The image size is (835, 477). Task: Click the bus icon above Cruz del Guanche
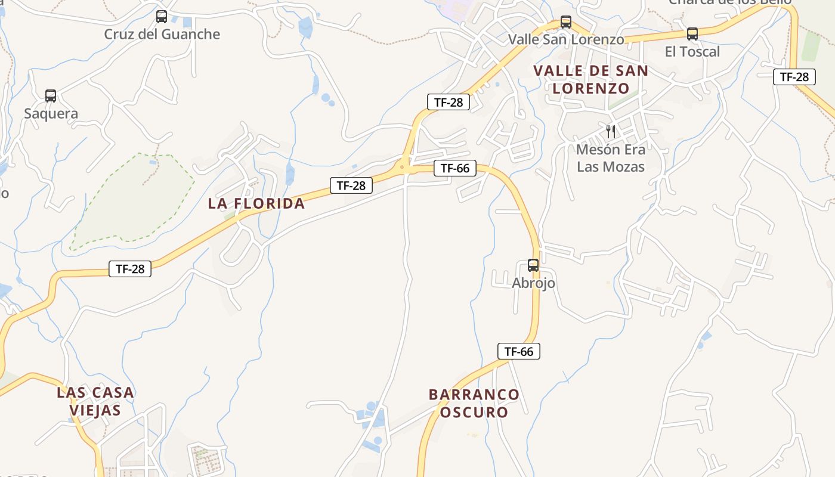tap(161, 17)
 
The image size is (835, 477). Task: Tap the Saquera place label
tap(51, 113)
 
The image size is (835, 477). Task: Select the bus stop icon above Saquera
tap(51, 95)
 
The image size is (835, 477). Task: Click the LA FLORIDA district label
tap(256, 203)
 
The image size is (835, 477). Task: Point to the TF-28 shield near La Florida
tap(351, 185)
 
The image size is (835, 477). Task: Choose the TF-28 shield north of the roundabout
tap(449, 102)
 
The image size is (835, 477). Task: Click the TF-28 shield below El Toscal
tap(794, 77)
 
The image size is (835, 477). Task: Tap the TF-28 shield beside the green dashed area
tap(130, 269)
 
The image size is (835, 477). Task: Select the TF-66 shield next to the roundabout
tap(455, 168)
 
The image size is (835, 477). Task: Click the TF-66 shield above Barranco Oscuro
tap(519, 351)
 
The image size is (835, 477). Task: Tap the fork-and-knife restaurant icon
tap(611, 131)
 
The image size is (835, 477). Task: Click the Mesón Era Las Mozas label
tap(611, 158)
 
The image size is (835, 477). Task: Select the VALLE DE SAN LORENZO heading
tap(590, 79)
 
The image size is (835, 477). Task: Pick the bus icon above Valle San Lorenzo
tap(566, 23)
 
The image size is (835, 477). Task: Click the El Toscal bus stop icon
tap(692, 34)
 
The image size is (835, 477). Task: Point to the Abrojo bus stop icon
tap(533, 265)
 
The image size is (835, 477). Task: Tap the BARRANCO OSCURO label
tap(474, 403)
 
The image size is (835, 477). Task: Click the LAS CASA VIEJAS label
tap(95, 401)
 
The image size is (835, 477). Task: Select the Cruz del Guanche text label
tap(162, 34)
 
